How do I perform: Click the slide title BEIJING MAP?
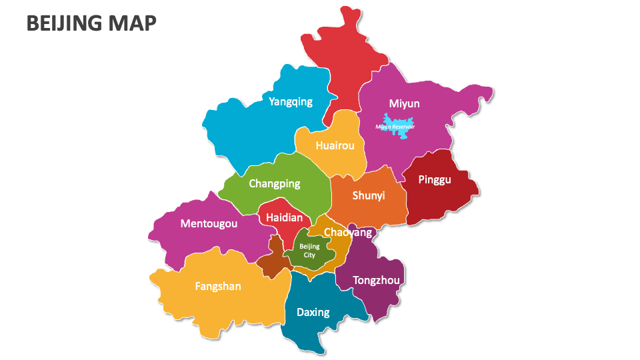(x=92, y=23)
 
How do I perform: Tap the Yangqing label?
(x=290, y=102)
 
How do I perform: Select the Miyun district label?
(x=404, y=103)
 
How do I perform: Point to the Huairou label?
(x=331, y=145)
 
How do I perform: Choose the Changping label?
(x=274, y=183)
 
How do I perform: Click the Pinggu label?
(x=434, y=179)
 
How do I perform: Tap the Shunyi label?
(x=369, y=195)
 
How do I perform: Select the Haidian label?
(x=284, y=218)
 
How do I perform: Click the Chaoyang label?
(x=347, y=232)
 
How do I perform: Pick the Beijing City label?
(x=309, y=251)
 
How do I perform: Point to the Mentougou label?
(x=209, y=223)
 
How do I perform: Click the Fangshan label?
(x=218, y=286)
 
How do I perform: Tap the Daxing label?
(x=313, y=312)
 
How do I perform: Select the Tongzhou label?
(x=376, y=280)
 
